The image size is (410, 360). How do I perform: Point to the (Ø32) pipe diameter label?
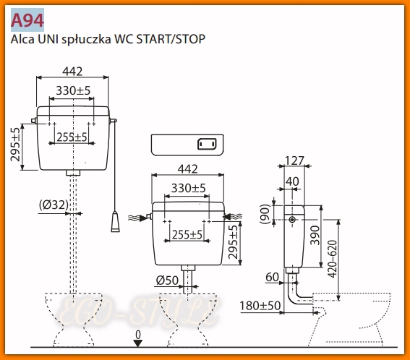point(54,205)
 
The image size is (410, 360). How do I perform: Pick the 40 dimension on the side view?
point(294,181)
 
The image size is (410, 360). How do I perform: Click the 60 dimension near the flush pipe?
point(272,276)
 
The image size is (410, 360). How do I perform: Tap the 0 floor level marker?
point(137,335)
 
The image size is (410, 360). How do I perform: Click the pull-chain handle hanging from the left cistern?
point(115,221)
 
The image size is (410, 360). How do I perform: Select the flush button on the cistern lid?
point(208,143)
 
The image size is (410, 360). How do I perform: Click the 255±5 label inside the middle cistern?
point(187,235)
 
